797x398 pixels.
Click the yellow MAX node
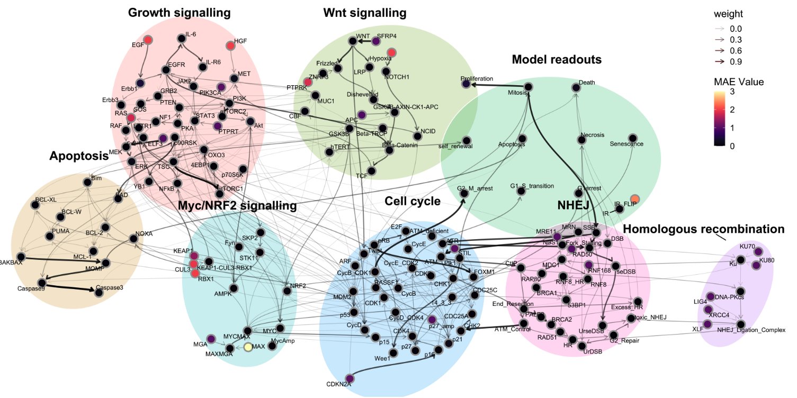click(247, 348)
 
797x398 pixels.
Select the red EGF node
click(149, 40)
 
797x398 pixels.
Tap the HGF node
click(230, 46)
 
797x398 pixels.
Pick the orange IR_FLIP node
click(635, 199)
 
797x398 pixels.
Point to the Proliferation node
click(465, 84)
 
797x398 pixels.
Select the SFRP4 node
click(376, 41)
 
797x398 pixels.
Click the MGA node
click(211, 339)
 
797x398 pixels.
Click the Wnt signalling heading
click(364, 12)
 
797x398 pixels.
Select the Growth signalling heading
click(180, 12)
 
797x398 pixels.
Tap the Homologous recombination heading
click(703, 229)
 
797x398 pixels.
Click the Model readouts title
click(557, 59)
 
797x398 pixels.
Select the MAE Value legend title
click(738, 82)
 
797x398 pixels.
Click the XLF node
click(707, 324)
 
